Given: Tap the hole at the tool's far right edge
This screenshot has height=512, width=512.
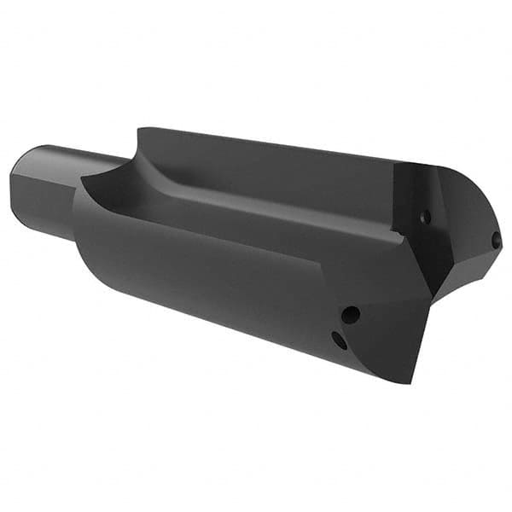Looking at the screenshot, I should (x=496, y=241).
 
